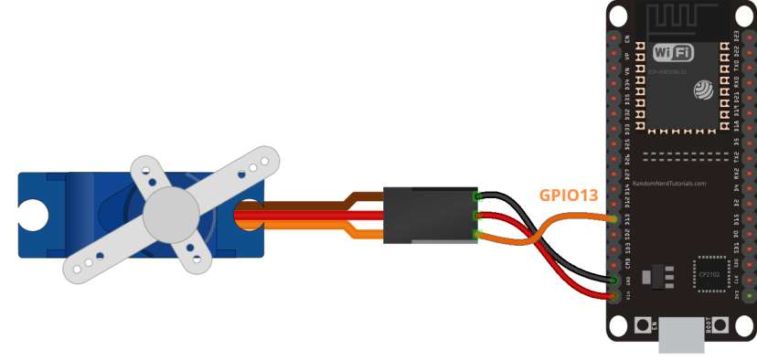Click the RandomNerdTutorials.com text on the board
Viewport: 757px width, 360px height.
(669, 183)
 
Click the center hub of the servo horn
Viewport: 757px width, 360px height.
(170, 212)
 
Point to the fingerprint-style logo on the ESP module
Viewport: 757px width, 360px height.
(703, 90)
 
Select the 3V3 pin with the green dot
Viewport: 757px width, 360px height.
(750, 295)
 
